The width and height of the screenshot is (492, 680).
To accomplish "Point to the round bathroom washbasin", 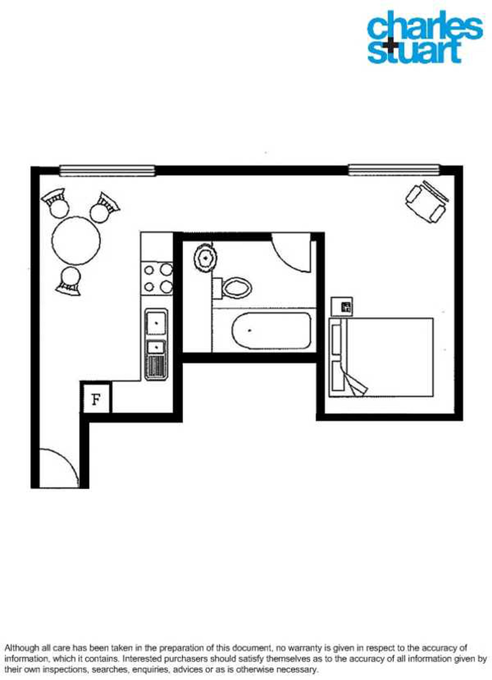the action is tap(205, 258).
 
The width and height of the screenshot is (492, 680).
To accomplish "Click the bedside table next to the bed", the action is tap(342, 306).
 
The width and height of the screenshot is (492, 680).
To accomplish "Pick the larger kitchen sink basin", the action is tap(156, 323).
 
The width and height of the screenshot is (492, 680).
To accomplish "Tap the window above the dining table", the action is tap(107, 171).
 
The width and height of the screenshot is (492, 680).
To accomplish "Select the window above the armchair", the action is tap(394, 170).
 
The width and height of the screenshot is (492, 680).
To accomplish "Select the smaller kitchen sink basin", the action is tap(156, 347).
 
